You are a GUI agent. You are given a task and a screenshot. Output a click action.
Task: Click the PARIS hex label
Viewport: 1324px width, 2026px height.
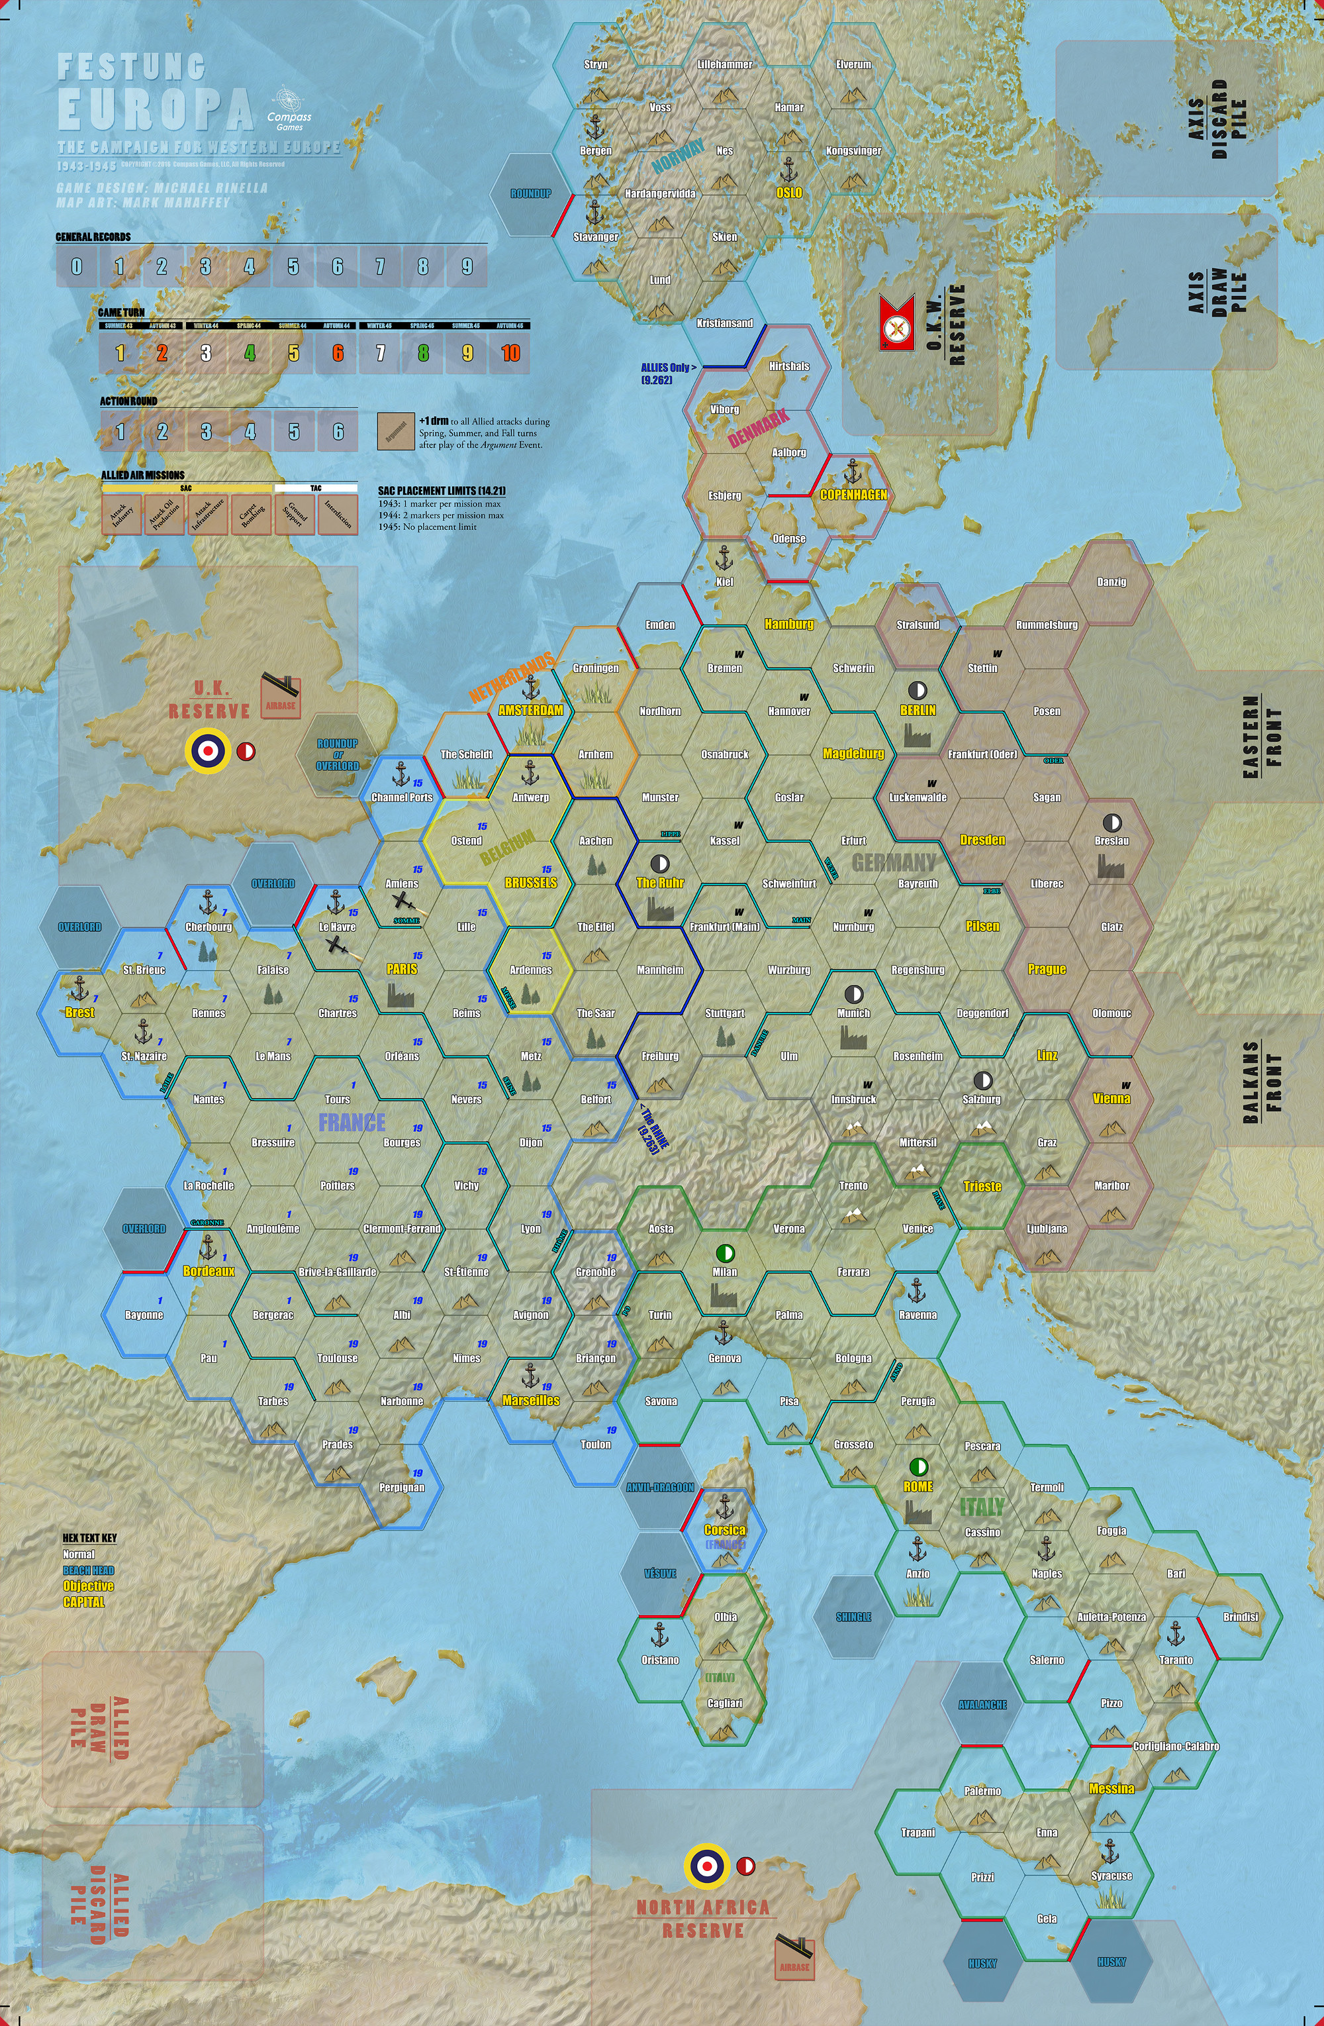pos(402,969)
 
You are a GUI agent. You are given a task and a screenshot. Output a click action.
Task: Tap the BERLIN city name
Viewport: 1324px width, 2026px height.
pos(918,710)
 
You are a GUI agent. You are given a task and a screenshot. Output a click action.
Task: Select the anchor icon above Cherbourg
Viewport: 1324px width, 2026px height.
pos(208,901)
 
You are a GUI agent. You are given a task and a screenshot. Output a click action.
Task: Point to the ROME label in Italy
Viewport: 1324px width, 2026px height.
pos(918,1486)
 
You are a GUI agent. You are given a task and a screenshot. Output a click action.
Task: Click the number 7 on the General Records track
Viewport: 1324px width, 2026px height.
pos(379,266)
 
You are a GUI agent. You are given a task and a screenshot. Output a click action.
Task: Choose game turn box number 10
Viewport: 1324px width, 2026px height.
pos(510,353)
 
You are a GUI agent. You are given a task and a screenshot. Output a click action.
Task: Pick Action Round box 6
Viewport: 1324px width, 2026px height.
pos(338,432)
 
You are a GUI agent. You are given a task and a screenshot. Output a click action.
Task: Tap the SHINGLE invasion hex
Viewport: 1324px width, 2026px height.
pos(853,1617)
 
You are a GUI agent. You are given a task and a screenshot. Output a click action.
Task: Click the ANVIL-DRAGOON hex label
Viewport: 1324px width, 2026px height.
pos(660,1487)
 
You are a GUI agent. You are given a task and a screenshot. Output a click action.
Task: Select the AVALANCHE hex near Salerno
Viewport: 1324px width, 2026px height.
pos(982,1704)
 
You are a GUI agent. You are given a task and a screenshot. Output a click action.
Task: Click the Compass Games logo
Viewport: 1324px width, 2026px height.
pos(289,107)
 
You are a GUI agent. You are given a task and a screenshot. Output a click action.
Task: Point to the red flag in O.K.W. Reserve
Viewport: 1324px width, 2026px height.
pos(896,323)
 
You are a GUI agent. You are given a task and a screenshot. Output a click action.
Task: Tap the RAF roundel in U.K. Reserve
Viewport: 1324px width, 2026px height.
pos(207,750)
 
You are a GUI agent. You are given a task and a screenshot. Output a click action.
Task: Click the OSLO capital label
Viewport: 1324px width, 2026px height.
pos(789,192)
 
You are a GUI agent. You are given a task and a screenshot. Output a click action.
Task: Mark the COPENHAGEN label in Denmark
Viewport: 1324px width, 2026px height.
pos(853,495)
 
